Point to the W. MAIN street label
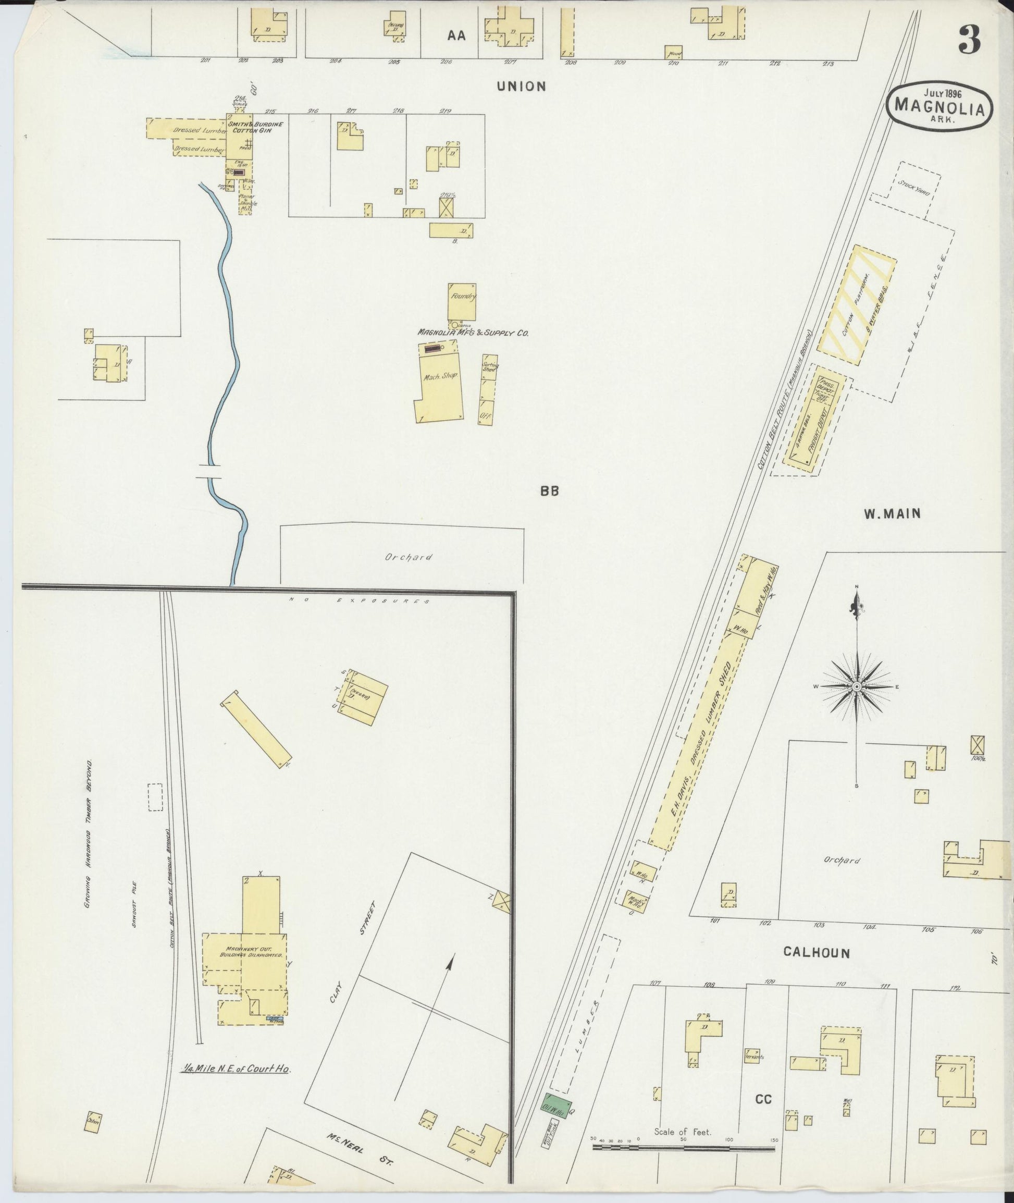[892, 514]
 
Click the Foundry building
[462, 301]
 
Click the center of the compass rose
[857, 686]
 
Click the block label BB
[549, 490]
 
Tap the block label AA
[456, 35]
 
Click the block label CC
[763, 1099]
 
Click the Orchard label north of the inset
[409, 557]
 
